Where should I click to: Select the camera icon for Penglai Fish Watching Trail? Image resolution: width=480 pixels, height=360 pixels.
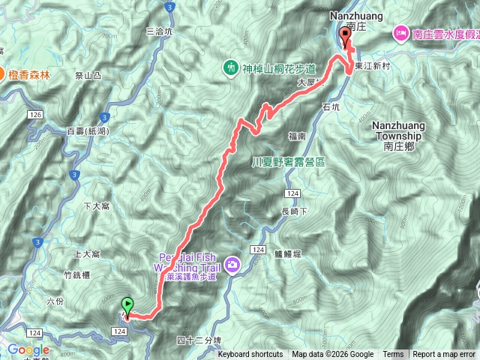click(232, 263)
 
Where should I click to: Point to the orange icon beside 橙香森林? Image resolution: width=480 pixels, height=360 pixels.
click(4, 75)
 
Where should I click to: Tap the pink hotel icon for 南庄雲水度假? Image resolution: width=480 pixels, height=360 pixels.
click(400, 33)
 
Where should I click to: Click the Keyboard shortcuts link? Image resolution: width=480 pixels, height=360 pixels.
click(250, 355)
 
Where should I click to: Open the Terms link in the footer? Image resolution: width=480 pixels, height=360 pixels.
click(393, 355)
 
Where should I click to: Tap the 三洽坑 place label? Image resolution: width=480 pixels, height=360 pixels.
click(159, 31)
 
